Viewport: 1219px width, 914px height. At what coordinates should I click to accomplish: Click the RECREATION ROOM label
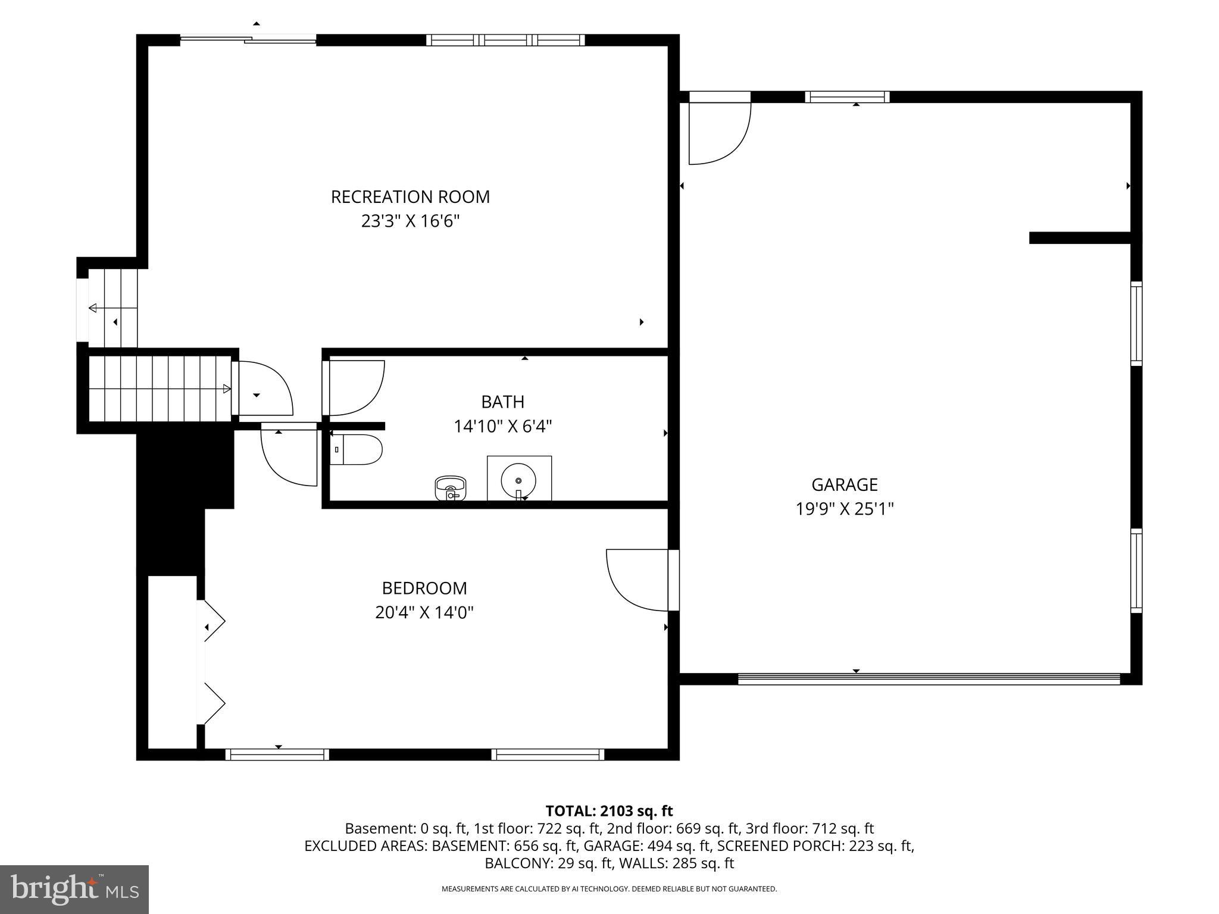click(x=410, y=197)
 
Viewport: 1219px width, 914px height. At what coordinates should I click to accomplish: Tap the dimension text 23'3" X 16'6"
click(x=410, y=222)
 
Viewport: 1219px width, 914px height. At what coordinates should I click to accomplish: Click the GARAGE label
click(x=844, y=485)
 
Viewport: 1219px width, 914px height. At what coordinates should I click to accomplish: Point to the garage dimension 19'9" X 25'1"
click(x=844, y=509)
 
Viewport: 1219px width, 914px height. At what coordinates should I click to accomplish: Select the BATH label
click(x=502, y=402)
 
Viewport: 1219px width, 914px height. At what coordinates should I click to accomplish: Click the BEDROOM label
click(x=424, y=589)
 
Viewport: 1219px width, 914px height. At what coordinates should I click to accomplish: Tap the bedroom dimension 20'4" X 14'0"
click(x=424, y=613)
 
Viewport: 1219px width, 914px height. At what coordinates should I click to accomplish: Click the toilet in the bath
click(x=357, y=450)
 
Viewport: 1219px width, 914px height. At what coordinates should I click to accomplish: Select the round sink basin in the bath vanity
click(x=518, y=480)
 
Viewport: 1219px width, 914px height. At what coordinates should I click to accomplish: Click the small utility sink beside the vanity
click(x=451, y=487)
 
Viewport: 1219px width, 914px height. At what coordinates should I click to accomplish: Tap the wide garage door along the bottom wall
click(x=929, y=678)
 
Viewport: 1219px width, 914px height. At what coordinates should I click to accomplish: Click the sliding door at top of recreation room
click(x=248, y=40)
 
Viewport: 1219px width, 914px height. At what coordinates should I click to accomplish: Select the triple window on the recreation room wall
click(x=505, y=40)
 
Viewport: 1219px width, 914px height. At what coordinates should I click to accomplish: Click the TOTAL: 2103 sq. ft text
click(x=609, y=811)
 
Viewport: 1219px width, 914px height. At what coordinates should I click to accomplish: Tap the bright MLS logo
click(x=74, y=889)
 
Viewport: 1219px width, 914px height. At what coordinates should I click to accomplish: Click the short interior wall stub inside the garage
click(x=1079, y=238)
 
